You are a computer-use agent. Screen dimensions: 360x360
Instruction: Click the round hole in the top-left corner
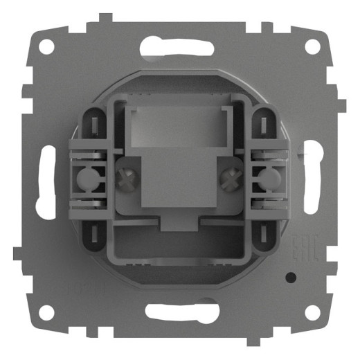pos(46,47)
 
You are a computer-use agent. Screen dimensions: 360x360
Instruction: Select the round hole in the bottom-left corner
pos(46,313)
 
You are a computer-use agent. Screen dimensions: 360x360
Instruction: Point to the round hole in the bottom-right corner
pos(313,313)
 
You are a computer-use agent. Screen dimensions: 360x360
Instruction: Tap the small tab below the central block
pos(179,224)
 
